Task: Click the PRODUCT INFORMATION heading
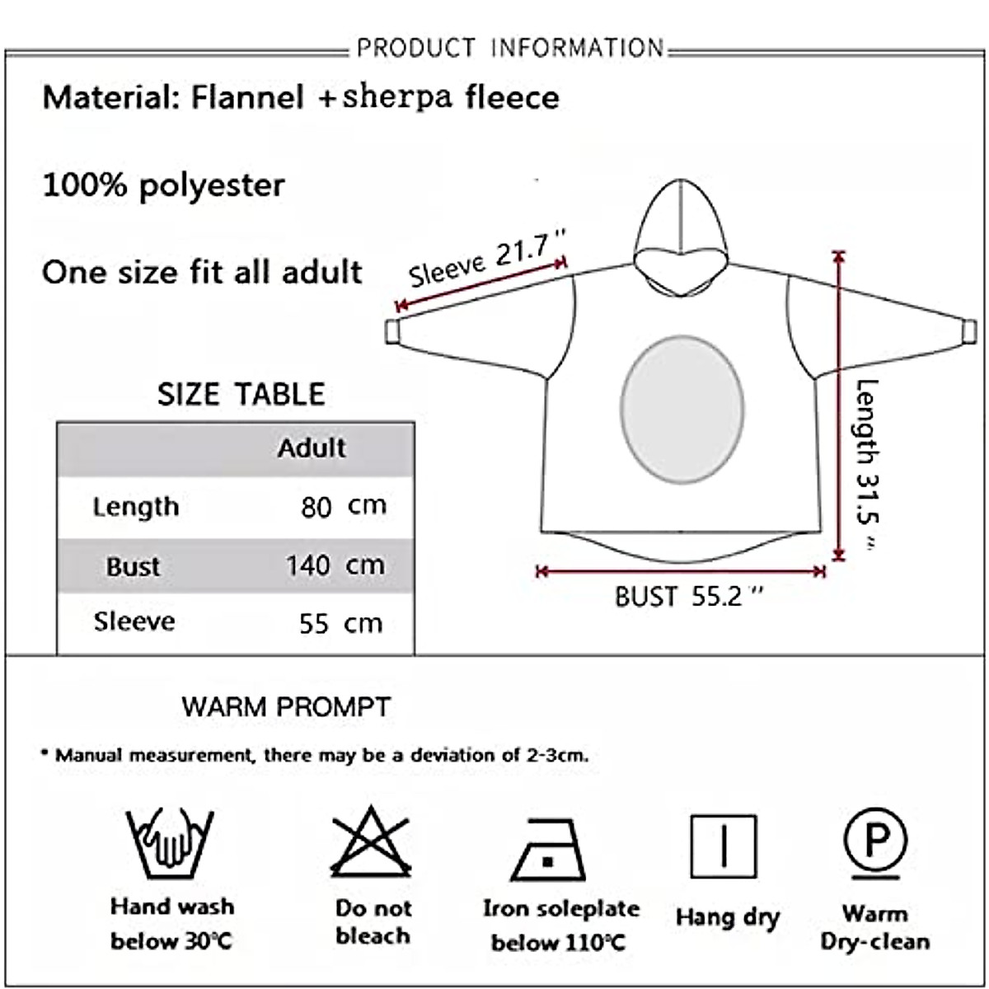click(x=510, y=48)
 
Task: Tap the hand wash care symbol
click(x=170, y=843)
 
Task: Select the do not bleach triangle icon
click(x=371, y=841)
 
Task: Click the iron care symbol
click(x=548, y=850)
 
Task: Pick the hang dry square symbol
click(x=724, y=846)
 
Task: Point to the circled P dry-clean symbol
click(x=875, y=843)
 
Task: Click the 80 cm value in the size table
click(x=344, y=507)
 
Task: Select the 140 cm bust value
click(x=335, y=565)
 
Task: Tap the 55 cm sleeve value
click(x=340, y=624)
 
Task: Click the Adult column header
click(x=312, y=448)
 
